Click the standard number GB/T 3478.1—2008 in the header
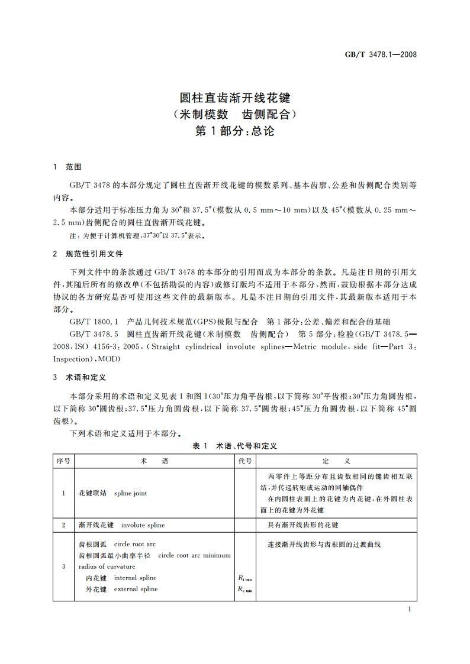click(381, 54)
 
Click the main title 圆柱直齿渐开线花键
click(234, 98)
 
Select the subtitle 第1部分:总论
click(234, 131)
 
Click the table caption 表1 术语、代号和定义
click(235, 446)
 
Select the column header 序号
click(63, 461)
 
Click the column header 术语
click(154, 461)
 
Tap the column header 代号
click(245, 461)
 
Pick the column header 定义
click(336, 461)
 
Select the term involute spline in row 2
click(143, 525)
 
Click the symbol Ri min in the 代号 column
click(244, 578)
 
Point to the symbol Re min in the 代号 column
click(244, 589)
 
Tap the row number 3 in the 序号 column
click(63, 566)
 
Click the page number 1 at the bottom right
click(410, 610)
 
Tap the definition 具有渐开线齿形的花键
click(303, 525)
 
